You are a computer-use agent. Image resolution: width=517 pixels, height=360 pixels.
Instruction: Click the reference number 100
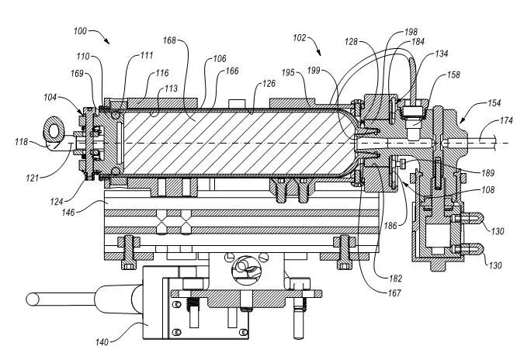coord(83,31)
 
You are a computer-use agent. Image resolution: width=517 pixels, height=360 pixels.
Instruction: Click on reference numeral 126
coord(268,85)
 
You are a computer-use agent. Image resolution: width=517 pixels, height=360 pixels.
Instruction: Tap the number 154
coord(473,103)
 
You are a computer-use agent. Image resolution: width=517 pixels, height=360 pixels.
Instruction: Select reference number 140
coord(102,341)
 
